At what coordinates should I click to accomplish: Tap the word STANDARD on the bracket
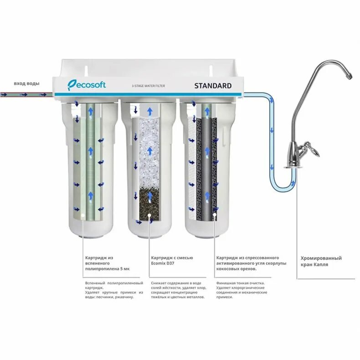[213, 85]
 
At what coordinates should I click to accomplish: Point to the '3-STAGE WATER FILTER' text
[148, 86]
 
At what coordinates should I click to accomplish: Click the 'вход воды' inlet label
[26, 83]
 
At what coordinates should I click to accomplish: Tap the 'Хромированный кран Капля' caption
[321, 261]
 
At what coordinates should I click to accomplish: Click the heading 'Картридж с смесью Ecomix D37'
[172, 261]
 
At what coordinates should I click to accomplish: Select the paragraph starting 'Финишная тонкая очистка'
[241, 290]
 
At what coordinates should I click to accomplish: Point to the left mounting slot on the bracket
[85, 69]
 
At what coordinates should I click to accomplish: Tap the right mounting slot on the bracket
[211, 69]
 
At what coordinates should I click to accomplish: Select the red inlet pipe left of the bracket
[25, 95]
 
